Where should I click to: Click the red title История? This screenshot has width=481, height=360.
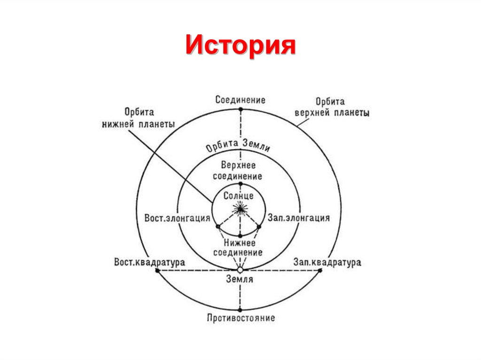pyautogui.click(x=240, y=46)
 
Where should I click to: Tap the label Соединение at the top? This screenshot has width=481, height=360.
pyautogui.click(x=240, y=100)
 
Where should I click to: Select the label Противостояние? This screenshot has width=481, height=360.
pyautogui.click(x=240, y=318)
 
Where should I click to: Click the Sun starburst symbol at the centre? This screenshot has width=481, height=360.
pyautogui.click(x=240, y=208)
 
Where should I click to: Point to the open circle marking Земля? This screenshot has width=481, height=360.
pyautogui.click(x=240, y=270)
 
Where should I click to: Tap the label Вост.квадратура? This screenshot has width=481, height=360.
pyautogui.click(x=149, y=262)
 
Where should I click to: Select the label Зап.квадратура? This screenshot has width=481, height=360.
pyautogui.click(x=327, y=262)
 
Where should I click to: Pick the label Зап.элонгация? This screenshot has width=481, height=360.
pyautogui.click(x=299, y=218)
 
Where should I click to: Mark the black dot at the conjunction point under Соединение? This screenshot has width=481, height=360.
pyautogui.click(x=240, y=109)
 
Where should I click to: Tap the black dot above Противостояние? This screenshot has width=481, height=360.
pyautogui.click(x=240, y=309)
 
